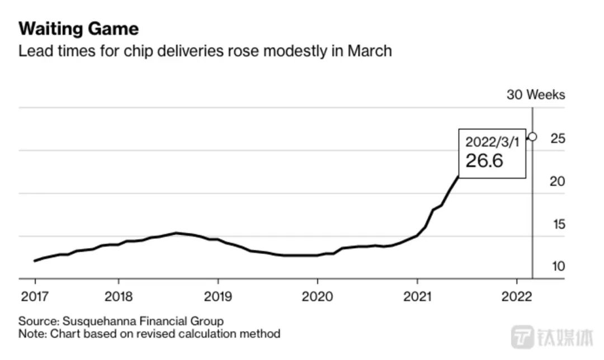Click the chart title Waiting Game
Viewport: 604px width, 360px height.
tap(79, 29)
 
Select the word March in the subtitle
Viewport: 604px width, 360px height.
tap(370, 51)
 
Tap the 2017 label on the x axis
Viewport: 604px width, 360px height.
tap(35, 295)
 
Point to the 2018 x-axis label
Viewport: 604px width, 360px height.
tap(118, 295)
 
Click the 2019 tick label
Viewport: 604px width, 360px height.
tap(218, 295)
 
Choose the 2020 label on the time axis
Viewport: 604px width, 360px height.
tap(317, 295)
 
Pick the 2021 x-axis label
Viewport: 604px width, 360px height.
tap(417, 295)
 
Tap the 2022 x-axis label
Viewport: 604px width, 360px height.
tap(516, 295)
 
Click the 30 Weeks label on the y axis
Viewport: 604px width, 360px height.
tap(536, 94)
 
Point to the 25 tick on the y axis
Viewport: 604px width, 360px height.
tap(558, 138)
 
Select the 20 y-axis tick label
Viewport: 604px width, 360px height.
tap(558, 181)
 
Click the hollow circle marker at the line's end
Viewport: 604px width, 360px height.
tap(532, 136)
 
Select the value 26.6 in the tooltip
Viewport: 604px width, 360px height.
tap(484, 160)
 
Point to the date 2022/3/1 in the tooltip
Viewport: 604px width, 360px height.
tap(492, 141)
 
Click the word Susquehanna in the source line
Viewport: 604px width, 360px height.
tap(93, 321)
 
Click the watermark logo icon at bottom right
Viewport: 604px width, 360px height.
tap(523, 337)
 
